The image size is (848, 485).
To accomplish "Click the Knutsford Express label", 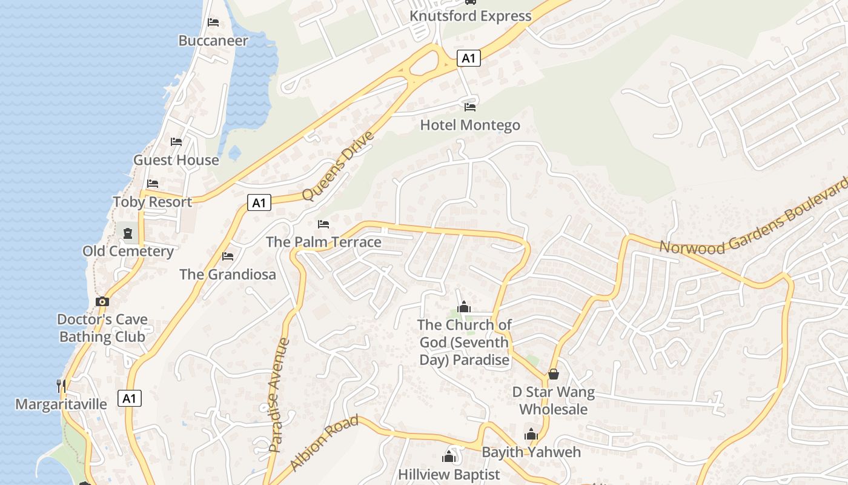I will pyautogui.click(x=471, y=16).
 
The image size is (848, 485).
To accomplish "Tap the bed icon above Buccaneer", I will pyautogui.click(x=213, y=22).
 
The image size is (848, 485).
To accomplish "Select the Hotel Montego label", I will pyautogui.click(x=470, y=125).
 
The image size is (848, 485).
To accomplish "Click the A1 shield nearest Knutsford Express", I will pyautogui.click(x=468, y=58).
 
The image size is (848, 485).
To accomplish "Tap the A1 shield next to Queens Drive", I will pyautogui.click(x=259, y=202).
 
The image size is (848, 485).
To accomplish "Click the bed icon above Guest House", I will pyautogui.click(x=176, y=142).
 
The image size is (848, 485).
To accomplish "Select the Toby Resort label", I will pyautogui.click(x=152, y=202).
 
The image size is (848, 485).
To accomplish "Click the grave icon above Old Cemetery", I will pyautogui.click(x=128, y=233).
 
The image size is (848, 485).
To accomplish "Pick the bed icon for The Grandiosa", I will pyautogui.click(x=228, y=256).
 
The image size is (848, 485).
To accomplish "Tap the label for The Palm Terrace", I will pyautogui.click(x=323, y=242).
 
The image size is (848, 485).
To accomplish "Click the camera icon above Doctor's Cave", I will pyautogui.click(x=102, y=301).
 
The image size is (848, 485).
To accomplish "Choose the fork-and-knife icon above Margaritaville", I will pyautogui.click(x=61, y=385).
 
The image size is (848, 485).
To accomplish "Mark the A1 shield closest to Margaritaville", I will pyautogui.click(x=129, y=398).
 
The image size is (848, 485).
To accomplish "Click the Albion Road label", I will pyautogui.click(x=324, y=443).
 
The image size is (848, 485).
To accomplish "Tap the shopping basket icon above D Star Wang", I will pyautogui.click(x=553, y=374).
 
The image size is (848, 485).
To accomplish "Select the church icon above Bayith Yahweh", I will pyautogui.click(x=531, y=434).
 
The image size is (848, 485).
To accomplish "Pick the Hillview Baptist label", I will pyautogui.click(x=449, y=474).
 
